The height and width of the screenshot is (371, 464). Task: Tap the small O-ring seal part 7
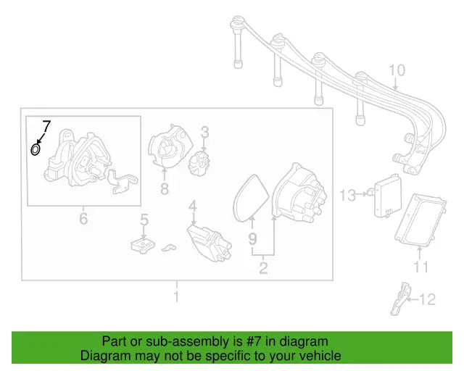35,150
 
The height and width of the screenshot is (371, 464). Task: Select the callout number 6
83,217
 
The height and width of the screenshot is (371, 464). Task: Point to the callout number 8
165,189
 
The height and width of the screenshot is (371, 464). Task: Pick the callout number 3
205,132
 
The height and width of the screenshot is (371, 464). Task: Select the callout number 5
144,218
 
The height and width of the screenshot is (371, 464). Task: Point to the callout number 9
252,238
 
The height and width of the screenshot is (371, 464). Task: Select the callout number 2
263,269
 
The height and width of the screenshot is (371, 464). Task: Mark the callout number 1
176,297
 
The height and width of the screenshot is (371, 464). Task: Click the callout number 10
397,71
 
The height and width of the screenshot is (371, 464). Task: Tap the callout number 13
348,194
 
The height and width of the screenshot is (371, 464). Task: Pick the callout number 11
421,267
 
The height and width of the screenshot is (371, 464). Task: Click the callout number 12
428,299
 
